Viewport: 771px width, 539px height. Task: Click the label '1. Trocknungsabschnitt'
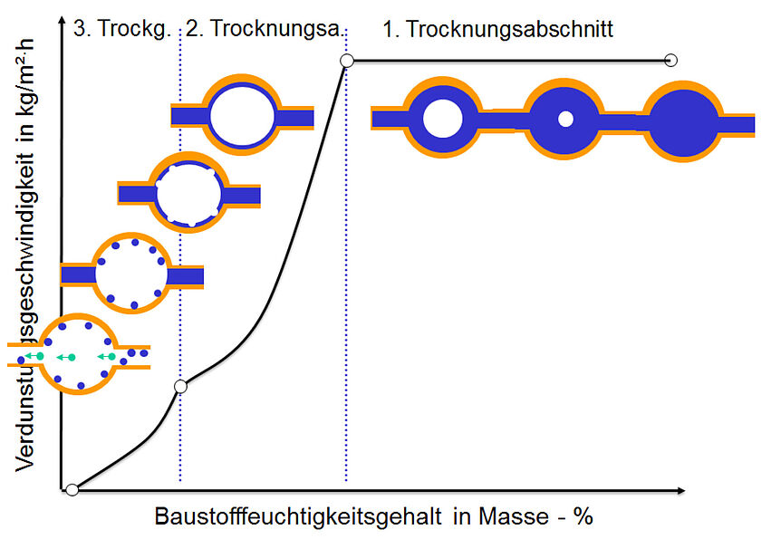pyautogui.click(x=497, y=29)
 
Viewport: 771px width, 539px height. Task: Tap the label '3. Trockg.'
pyautogui.click(x=121, y=29)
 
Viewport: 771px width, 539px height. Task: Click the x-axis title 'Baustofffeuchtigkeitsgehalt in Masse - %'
pyautogui.click(x=373, y=516)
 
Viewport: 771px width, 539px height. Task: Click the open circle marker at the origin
pyautogui.click(x=72, y=490)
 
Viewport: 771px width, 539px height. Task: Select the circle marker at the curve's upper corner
pyautogui.click(x=346, y=61)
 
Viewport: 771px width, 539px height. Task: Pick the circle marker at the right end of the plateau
pyautogui.click(x=670, y=61)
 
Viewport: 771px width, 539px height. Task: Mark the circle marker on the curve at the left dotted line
pyautogui.click(x=180, y=387)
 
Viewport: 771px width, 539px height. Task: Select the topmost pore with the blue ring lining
pyautogui.click(x=242, y=116)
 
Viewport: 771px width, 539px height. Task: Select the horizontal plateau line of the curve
pyautogui.click(x=507, y=61)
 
